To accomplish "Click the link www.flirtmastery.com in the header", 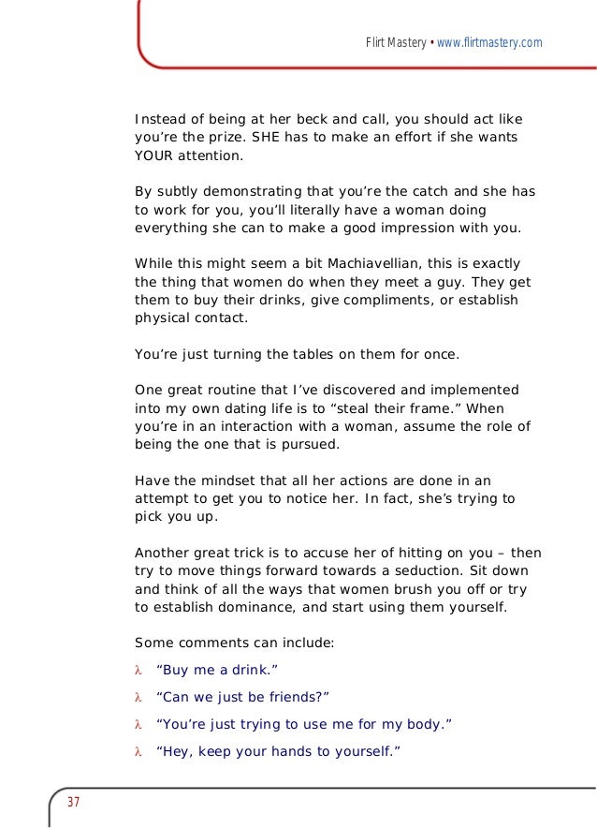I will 489,43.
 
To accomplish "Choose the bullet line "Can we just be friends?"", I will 242,697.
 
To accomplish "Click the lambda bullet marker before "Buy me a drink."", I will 138,669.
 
